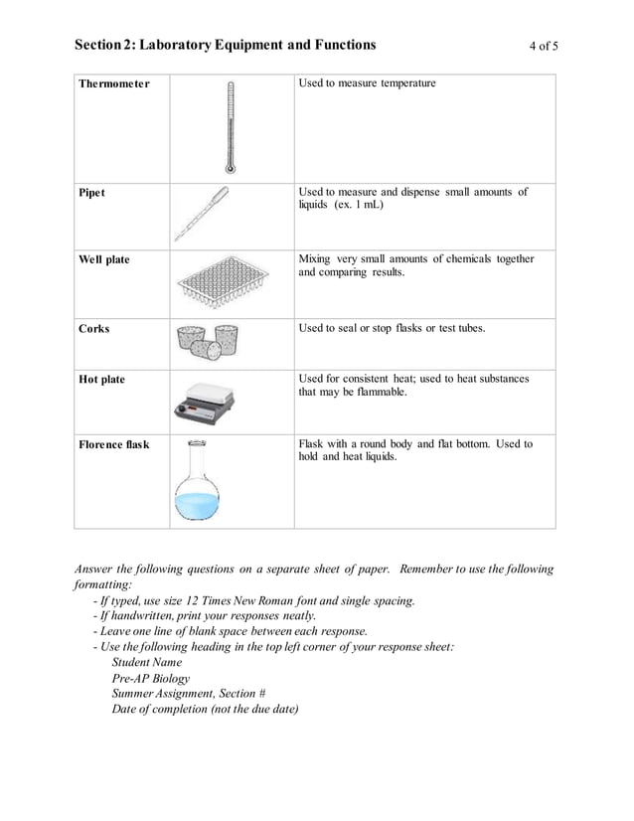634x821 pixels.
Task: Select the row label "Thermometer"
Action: pyautogui.click(x=114, y=83)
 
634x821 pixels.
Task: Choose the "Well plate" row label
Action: pyautogui.click(x=104, y=259)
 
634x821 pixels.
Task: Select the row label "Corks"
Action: pyautogui.click(x=94, y=328)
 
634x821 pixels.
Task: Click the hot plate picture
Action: pyautogui.click(x=206, y=399)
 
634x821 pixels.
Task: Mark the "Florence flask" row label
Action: pyautogui.click(x=114, y=444)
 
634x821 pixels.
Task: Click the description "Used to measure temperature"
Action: pyautogui.click(x=368, y=83)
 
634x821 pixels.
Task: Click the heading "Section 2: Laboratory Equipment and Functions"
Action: pyautogui.click(x=226, y=45)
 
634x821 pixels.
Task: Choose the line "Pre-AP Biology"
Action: pyautogui.click(x=151, y=678)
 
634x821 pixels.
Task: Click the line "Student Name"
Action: pyautogui.click(x=147, y=662)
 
